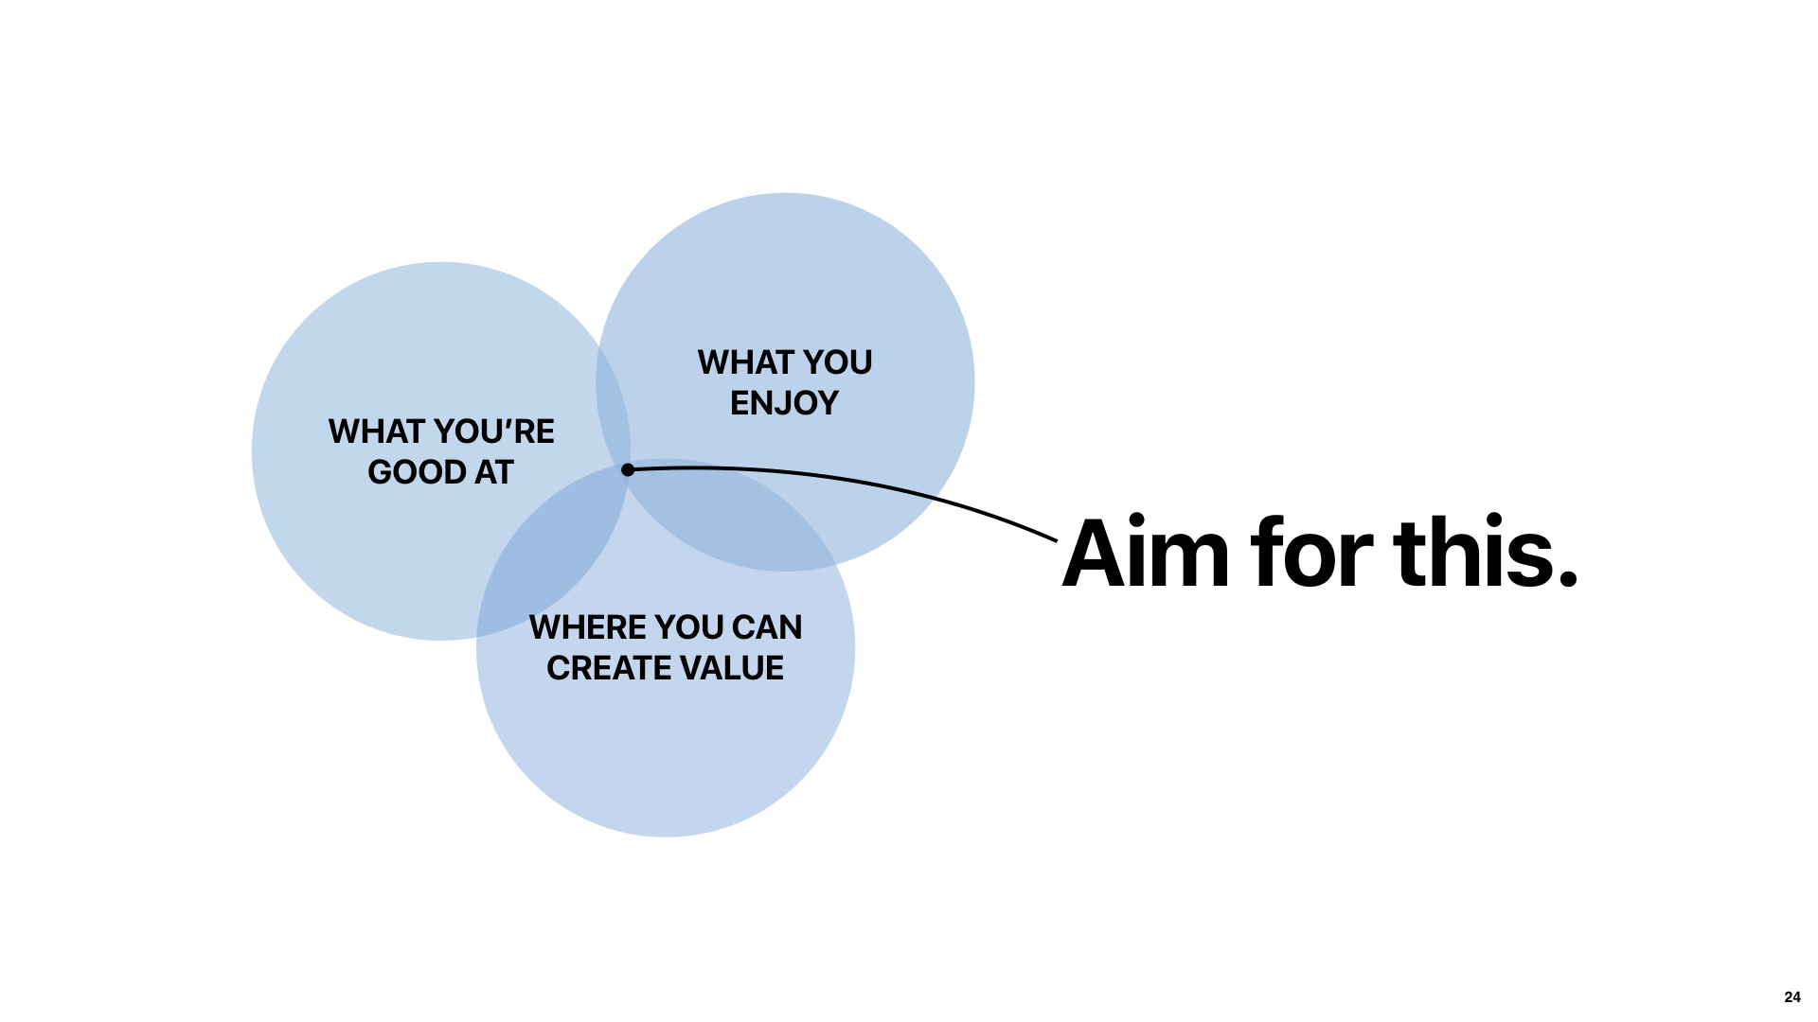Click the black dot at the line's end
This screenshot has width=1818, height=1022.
(628, 469)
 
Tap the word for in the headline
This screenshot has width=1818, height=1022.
(1311, 553)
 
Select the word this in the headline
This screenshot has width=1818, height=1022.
(1472, 553)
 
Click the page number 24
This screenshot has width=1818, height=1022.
(1791, 996)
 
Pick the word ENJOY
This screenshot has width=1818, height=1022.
(784, 403)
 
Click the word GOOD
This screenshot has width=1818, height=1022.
(416, 472)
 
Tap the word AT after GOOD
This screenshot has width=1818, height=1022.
(493, 472)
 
